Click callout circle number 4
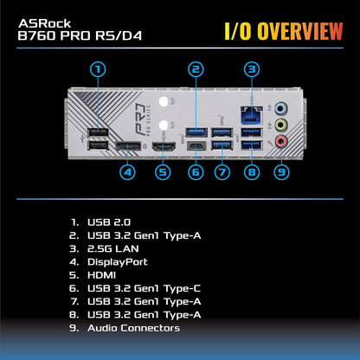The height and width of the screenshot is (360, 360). point(128,171)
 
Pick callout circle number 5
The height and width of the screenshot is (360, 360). point(162,171)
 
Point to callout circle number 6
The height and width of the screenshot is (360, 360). point(196,171)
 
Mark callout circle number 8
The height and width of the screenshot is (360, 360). point(252,171)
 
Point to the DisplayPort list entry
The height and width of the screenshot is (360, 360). point(118,261)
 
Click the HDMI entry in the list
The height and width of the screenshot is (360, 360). point(105,274)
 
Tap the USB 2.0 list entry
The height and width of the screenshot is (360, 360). point(110,222)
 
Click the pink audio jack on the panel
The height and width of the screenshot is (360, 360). point(280,138)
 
